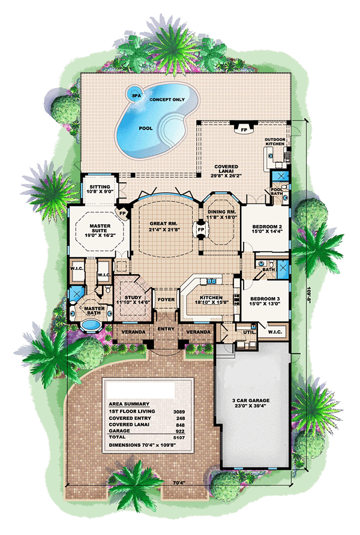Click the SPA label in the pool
pyautogui.click(x=136, y=96)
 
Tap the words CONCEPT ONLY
pyautogui.click(x=167, y=100)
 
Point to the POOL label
pyautogui.click(x=146, y=128)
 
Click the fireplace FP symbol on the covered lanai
pyautogui.click(x=244, y=130)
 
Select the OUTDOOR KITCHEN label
pyautogui.click(x=275, y=142)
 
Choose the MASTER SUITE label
pyautogui.click(x=100, y=228)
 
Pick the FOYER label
pyautogui.click(x=166, y=299)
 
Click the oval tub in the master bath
pyautogui.click(x=90, y=324)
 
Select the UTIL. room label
pyautogui.click(x=249, y=332)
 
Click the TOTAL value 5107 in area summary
pyautogui.click(x=179, y=438)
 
